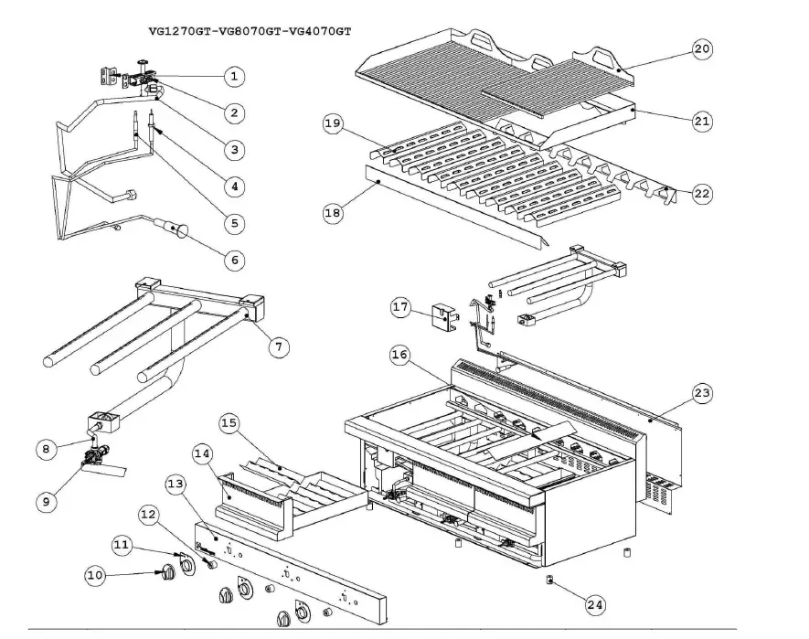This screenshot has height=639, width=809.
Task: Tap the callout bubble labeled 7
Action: pos(279,346)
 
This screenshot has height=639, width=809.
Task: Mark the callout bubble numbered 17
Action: pos(399,308)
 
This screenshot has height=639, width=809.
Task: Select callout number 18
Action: pos(333,213)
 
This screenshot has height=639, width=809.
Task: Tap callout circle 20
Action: pos(701,48)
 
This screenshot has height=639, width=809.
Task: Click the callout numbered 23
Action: pos(701,392)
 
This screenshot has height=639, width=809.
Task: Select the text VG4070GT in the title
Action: pos(320,30)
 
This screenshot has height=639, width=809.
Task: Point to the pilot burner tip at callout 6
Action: pos(175,229)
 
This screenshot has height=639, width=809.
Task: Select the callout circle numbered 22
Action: pos(701,194)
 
